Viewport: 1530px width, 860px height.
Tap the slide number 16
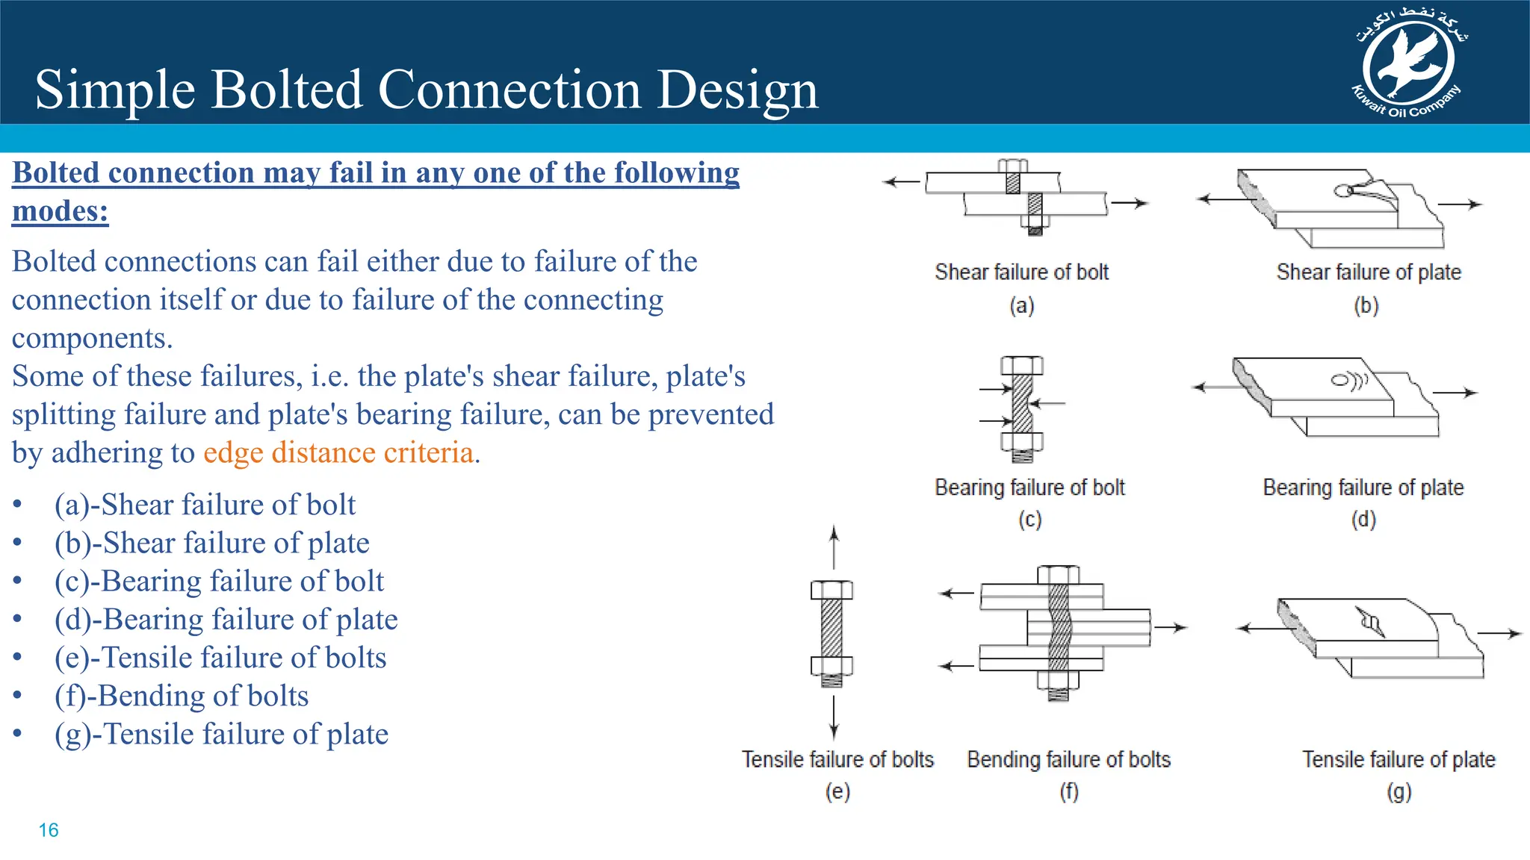point(49,830)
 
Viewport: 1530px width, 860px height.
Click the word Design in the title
point(737,90)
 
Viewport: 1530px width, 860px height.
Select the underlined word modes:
point(61,211)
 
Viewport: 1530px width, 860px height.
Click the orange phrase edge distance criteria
point(338,453)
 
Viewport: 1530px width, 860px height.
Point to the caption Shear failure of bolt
point(1021,272)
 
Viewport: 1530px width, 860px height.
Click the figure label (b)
point(1366,305)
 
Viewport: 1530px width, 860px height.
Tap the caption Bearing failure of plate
point(1363,487)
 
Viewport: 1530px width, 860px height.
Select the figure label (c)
point(1029,520)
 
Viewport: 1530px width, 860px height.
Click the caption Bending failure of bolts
point(1068,759)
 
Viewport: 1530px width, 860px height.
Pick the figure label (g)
point(1399,791)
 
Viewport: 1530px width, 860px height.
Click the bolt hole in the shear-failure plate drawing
point(1342,191)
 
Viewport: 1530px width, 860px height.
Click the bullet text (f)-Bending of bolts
point(182,696)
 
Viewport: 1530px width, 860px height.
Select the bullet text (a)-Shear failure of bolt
point(205,505)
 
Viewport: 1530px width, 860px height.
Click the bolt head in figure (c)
point(1022,366)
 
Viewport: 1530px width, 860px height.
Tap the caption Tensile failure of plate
point(1399,759)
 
